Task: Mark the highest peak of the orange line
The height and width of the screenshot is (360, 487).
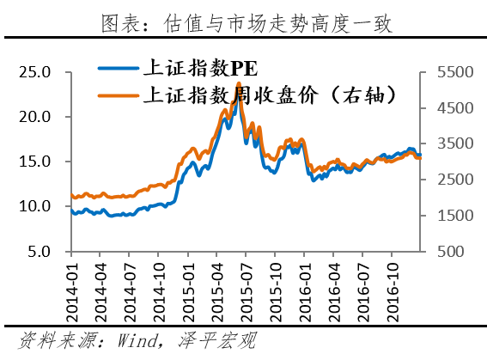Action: point(237,83)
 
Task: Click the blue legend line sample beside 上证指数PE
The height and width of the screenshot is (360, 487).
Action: point(117,69)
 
